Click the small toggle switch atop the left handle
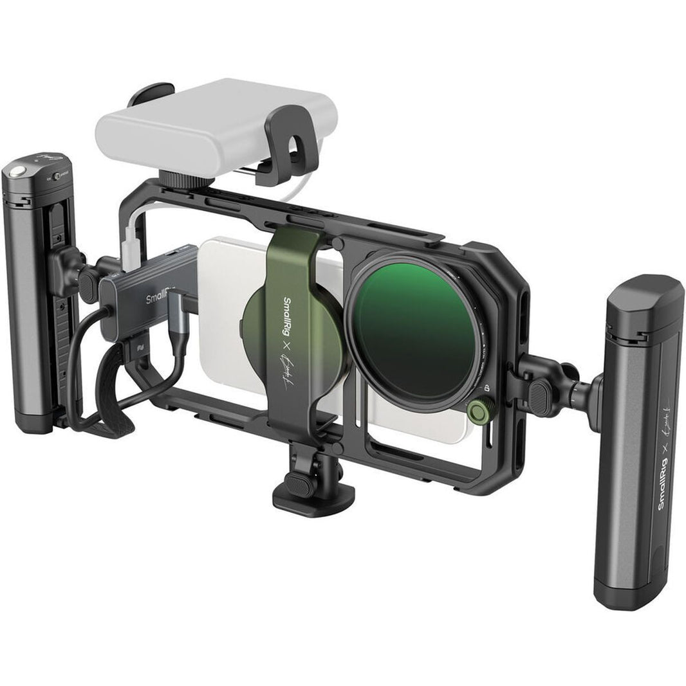click(x=57, y=175)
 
